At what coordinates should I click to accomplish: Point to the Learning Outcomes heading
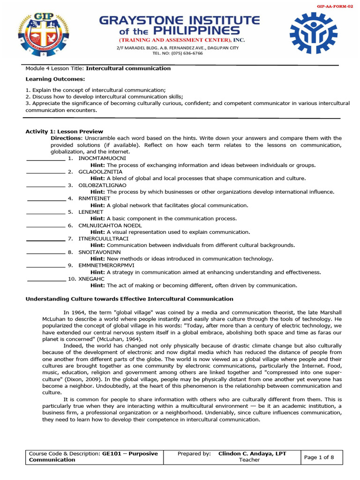click(x=48, y=79)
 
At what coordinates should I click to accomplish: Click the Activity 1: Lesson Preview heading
click(x=64, y=132)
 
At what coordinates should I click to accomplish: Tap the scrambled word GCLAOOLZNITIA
click(x=100, y=172)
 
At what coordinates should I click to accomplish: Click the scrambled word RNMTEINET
click(x=95, y=199)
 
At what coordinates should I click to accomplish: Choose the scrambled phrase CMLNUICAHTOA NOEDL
click(x=110, y=225)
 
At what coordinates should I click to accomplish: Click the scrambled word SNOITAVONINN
click(x=99, y=252)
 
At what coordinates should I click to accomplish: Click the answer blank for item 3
click(x=45, y=186)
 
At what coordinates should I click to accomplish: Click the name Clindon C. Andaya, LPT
click(x=252, y=454)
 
